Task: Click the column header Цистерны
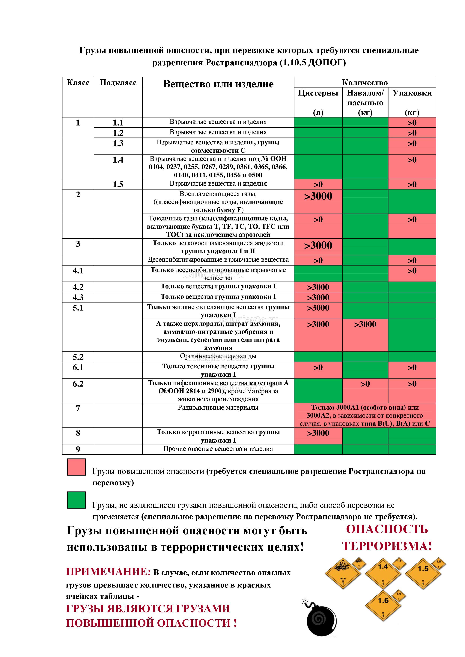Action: [318, 93]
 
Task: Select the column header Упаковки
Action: [412, 93]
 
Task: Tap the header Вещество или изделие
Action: [218, 84]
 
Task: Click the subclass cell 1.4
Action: [118, 160]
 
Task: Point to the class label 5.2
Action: [78, 357]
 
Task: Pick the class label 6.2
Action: [78, 384]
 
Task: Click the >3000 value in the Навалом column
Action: [365, 324]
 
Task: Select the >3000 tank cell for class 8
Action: [318, 433]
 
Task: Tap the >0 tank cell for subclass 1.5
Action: [318, 184]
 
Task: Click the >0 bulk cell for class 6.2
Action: [365, 384]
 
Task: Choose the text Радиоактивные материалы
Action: [218, 408]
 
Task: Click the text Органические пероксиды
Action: [218, 356]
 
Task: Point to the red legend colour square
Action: [76, 467]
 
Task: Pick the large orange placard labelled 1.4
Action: [383, 570]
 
